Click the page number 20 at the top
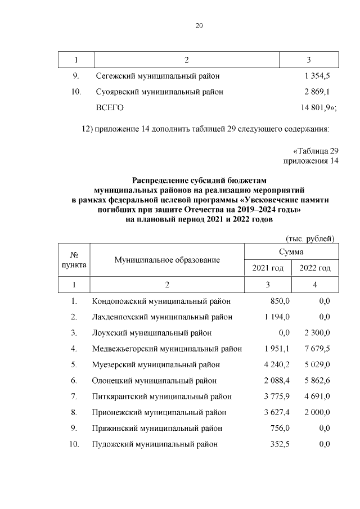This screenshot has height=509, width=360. [199, 25]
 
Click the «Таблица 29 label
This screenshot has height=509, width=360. [316, 151]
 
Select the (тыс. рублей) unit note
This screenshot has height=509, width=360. [310, 238]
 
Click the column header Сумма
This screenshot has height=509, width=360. [291, 252]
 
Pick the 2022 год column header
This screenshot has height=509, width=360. [315, 268]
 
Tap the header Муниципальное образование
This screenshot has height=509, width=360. [167, 260]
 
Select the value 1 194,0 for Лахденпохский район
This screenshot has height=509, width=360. [276, 317]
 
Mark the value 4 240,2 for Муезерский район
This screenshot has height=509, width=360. [276, 364]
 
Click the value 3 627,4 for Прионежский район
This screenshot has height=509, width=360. [276, 412]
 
